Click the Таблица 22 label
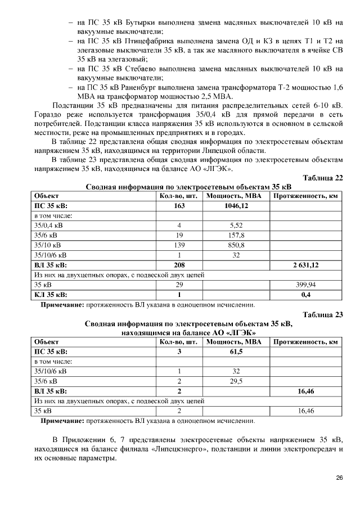pos(322,178)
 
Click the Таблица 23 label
pos(322,315)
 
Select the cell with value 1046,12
pos(236,206)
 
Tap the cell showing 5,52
pos(236,226)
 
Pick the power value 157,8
pos(236,235)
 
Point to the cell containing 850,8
pos(236,245)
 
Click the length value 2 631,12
pos(305,265)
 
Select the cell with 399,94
pos(305,285)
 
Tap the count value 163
pos(179,206)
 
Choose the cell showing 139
pos(179,245)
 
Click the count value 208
pos(179,265)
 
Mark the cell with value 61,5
pos(236,352)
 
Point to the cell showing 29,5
pos(236,381)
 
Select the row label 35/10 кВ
pos(49,245)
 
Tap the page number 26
pos(339,478)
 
